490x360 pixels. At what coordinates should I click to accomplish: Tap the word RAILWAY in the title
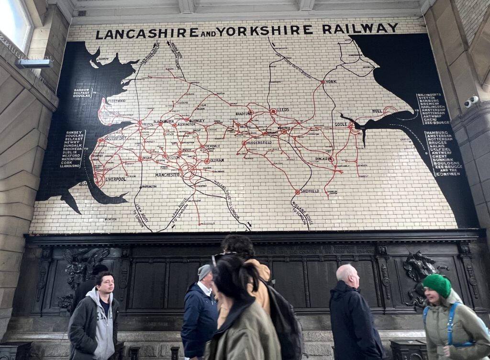tap(360, 29)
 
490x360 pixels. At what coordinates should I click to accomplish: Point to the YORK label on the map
tap(331, 82)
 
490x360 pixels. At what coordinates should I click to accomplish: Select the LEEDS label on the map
tap(284, 110)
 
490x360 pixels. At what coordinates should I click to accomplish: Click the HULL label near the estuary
tap(377, 111)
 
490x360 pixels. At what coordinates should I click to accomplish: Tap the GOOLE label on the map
tap(341, 124)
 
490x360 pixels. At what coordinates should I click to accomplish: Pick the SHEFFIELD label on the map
tap(310, 191)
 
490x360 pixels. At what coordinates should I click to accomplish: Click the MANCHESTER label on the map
tap(167, 175)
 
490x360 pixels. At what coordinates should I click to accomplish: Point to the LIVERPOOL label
tap(115, 179)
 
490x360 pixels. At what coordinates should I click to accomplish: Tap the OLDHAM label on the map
tap(216, 160)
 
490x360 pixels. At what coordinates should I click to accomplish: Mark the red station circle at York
tap(323, 82)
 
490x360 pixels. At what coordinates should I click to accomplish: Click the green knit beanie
tap(437, 285)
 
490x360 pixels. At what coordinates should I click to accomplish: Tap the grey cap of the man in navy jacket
tap(204, 271)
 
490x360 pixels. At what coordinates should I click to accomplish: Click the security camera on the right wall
tap(471, 101)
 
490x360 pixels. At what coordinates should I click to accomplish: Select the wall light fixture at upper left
tap(33, 63)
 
